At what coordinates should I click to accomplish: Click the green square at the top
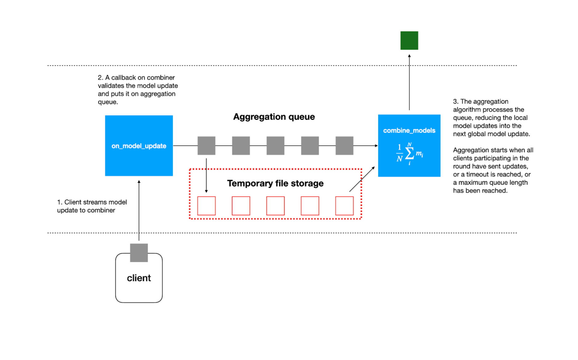[x=409, y=40]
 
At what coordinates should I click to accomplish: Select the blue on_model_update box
[x=139, y=146]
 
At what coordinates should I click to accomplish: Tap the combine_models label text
[x=409, y=130]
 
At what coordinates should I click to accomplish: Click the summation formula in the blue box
[x=409, y=154]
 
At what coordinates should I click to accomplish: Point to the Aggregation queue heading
[x=274, y=117]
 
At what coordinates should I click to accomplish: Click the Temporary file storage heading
[x=275, y=183]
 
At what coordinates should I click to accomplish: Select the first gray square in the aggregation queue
[x=206, y=146]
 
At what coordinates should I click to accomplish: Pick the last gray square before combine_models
[x=344, y=146]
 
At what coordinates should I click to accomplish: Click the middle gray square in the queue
[x=275, y=146]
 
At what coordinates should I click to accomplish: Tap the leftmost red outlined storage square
[x=206, y=206]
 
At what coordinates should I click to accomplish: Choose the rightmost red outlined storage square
[x=344, y=206]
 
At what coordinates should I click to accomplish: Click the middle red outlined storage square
[x=275, y=206]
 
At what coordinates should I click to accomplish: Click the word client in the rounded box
[x=139, y=278]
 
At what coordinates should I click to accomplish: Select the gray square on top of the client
[x=139, y=253]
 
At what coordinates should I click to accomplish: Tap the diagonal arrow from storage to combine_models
[x=362, y=179]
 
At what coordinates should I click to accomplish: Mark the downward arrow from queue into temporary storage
[x=206, y=175]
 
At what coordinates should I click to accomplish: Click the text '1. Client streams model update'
[x=92, y=206]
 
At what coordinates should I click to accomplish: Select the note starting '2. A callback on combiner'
[x=138, y=90]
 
